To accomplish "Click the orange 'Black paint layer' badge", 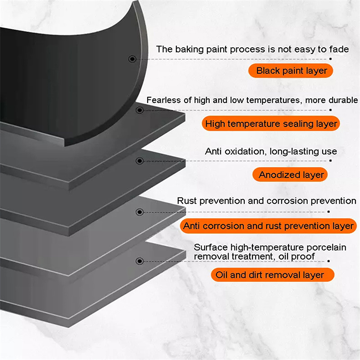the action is pos(290,71).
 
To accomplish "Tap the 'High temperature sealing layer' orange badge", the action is pos(271,123).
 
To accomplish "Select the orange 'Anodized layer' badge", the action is pos(290,175).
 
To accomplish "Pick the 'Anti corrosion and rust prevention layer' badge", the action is pos(268,226).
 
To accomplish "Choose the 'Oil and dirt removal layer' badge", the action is pos(273,275).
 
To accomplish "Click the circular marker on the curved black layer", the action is pos(132,59).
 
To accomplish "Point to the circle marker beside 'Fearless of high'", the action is pos(139,110).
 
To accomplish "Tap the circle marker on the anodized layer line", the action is pos(139,161).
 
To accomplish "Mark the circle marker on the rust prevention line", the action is pos(139,212).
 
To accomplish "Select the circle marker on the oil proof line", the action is pos(139,261).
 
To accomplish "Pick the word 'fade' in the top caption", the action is pos(339,49).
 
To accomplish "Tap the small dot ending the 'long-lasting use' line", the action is pos(330,161).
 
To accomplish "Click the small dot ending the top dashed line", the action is pos(330,59).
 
